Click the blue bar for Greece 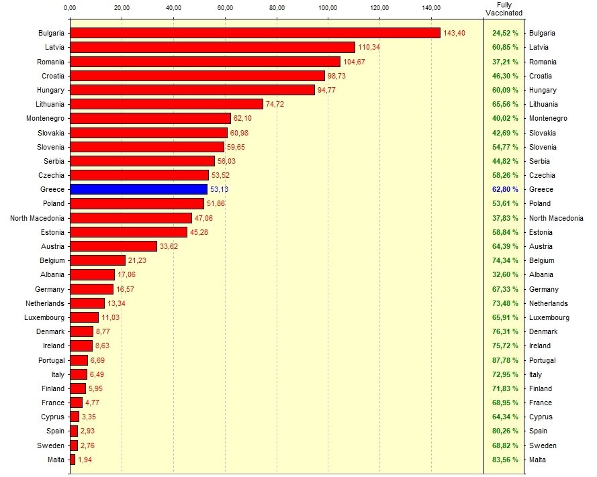pos(138,189)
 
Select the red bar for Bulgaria pos(255,33)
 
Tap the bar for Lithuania pos(167,104)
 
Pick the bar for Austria pos(113,246)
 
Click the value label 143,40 pos(454,33)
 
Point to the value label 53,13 pos(220,189)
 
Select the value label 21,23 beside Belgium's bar pos(137,260)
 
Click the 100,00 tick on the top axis pos(328,7)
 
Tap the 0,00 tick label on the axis pos(70,7)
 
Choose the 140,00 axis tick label pos(431,7)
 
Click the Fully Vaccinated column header pos(504,9)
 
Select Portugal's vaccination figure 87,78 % pos(505,360)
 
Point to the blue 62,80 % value pos(505,189)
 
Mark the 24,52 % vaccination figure pos(505,33)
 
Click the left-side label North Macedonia pos(37,218)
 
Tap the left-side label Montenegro pos(45,118)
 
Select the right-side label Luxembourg pos(549,317)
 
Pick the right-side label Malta pos(537,460)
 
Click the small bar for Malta pos(73,460)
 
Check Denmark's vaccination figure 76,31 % pos(505,331)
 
